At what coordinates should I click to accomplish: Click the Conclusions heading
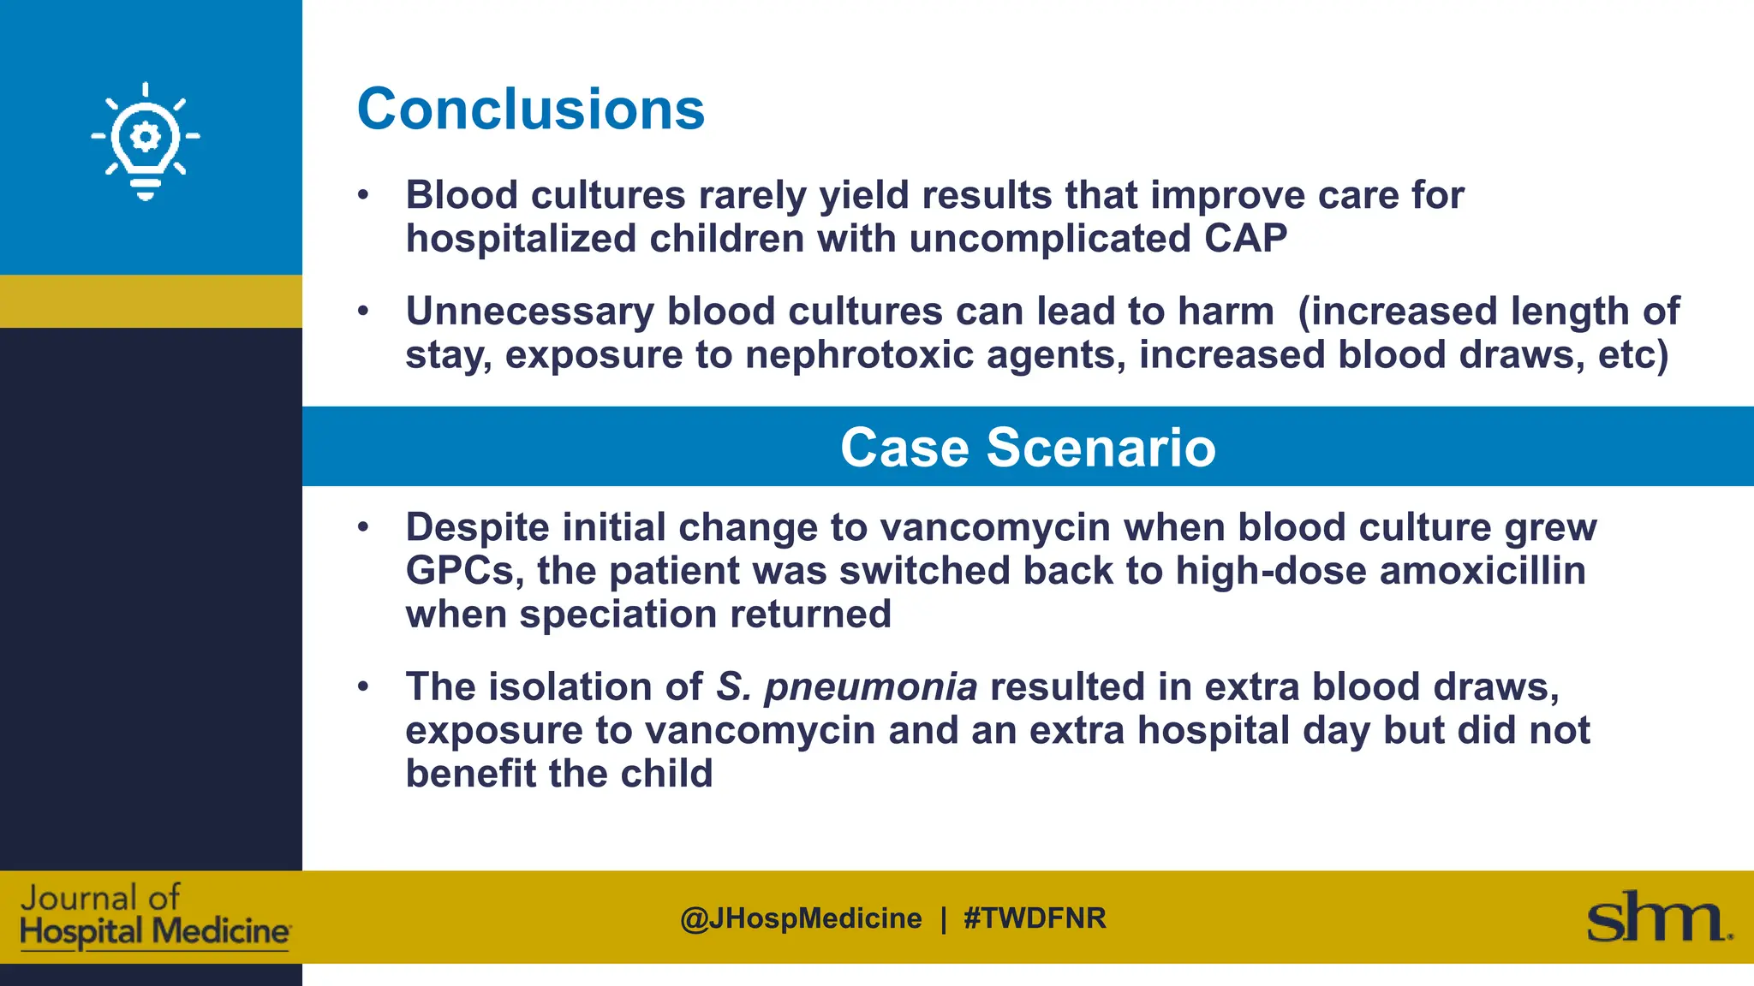530,110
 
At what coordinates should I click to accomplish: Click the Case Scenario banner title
1027,447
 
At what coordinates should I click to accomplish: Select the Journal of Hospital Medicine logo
154,917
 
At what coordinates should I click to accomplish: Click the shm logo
1658,918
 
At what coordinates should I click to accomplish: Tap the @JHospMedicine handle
801,918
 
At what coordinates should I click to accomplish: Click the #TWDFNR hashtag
1035,918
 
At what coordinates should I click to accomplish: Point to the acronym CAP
1245,238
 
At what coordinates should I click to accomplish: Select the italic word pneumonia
870,686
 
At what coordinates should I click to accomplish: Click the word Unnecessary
529,312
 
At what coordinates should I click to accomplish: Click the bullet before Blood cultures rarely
363,195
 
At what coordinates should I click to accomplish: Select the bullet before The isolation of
363,686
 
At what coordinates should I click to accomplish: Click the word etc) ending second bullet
1632,354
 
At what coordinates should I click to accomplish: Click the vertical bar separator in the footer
943,918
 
